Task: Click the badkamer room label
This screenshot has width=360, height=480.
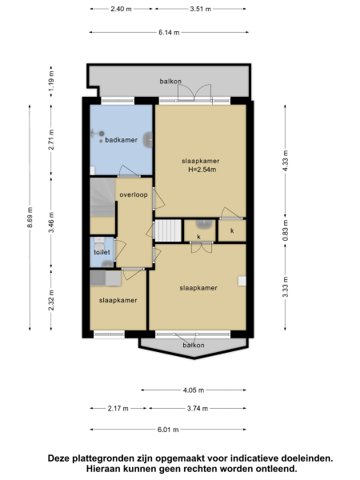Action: [122, 140]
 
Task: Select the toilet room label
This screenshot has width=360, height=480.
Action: [102, 252]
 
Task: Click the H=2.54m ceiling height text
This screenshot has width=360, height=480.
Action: [202, 170]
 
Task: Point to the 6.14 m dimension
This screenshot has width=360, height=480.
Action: [168, 33]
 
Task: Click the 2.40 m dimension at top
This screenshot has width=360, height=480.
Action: [122, 9]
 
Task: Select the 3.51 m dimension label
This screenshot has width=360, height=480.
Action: [201, 9]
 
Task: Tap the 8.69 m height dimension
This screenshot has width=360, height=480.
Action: [30, 217]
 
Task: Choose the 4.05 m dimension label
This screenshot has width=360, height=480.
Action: [193, 390]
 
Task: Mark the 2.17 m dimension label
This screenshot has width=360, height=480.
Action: [117, 409]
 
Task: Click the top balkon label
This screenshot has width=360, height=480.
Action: [170, 82]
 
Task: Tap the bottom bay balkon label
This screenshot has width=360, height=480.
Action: [192, 345]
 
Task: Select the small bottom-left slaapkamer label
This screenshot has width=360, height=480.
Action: [118, 301]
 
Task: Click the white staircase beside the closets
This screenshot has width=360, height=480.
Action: [166, 230]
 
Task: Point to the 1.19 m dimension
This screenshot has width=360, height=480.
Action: [51, 82]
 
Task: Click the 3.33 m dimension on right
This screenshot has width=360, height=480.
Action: [285, 287]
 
